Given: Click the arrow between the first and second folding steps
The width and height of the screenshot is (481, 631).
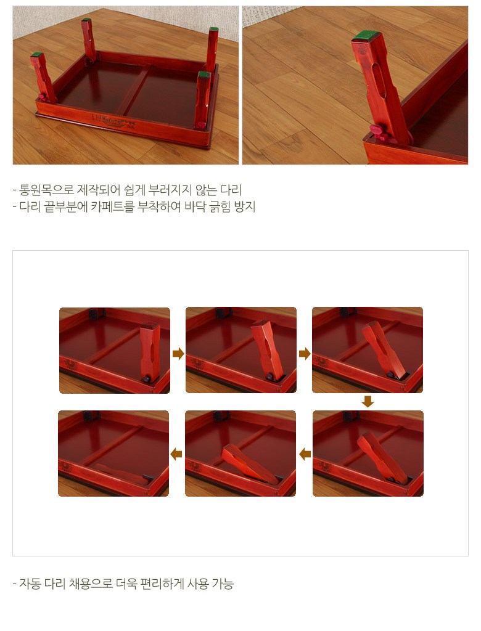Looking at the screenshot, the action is [178, 354].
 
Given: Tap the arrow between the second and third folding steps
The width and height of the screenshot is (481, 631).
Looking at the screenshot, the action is [305, 354].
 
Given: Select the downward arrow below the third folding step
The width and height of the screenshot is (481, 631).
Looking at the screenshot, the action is [368, 402].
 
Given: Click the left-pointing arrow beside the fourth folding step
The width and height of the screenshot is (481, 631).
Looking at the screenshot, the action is [305, 454].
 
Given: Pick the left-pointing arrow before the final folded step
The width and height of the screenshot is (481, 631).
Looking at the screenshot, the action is [176, 454].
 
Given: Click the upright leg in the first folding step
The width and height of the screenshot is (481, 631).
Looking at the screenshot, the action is [149, 351].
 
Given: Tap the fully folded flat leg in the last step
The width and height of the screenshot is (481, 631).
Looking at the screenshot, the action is [121, 474].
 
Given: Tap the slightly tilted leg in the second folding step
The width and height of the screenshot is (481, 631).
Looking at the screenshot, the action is [267, 349].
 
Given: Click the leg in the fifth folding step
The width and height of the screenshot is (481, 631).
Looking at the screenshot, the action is [249, 463].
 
